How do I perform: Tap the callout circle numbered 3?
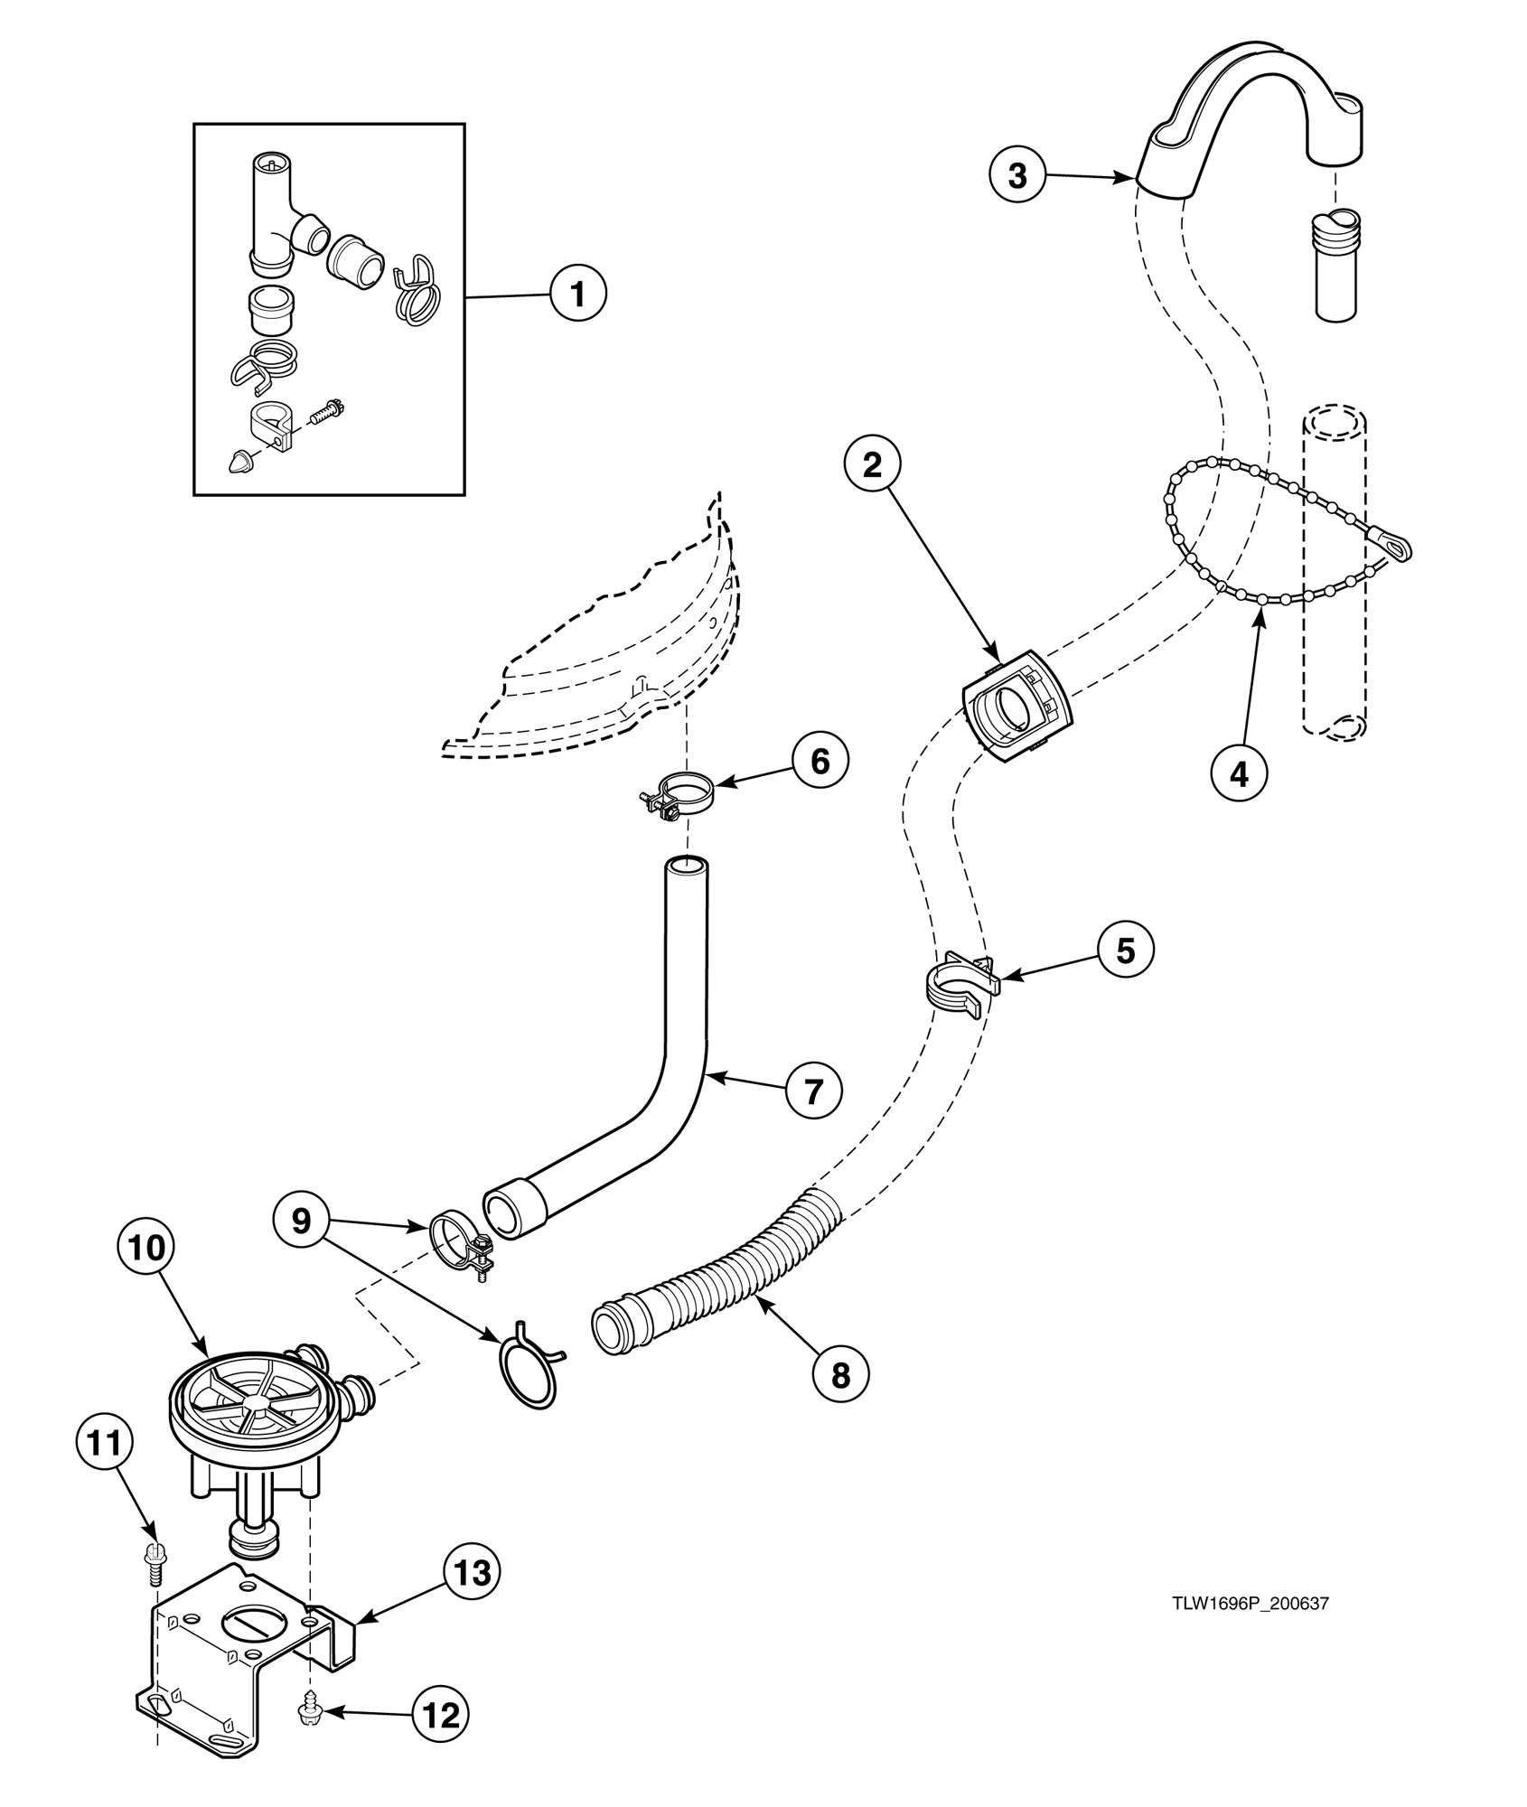pos(1017,175)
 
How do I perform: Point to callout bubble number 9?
pos(301,1221)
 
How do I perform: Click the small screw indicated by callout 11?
pos(153,1561)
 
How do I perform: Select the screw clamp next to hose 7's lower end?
pos(461,1246)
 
